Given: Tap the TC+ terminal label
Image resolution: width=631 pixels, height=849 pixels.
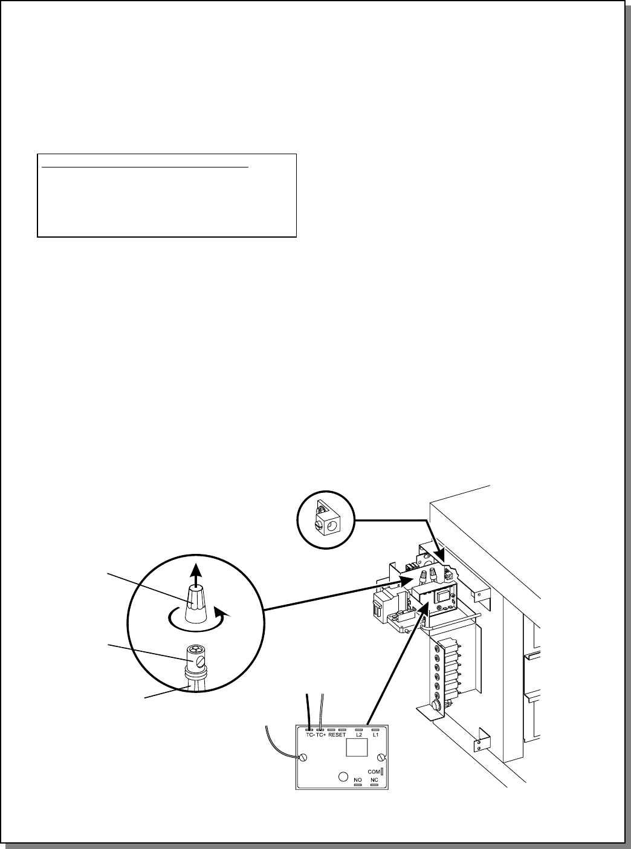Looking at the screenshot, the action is coord(321,735).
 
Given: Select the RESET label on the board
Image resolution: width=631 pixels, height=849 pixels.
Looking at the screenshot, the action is coord(337,735).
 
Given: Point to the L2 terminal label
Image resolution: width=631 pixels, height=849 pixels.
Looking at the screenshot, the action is coord(358,735).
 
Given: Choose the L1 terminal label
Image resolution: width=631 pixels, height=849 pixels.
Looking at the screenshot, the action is coord(375,735).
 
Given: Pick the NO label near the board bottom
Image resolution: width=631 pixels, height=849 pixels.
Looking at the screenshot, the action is coord(358,780).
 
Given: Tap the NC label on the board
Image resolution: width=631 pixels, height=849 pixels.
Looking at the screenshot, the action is coord(374,780).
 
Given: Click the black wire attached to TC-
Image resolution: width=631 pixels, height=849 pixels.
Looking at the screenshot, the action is coord(309,709).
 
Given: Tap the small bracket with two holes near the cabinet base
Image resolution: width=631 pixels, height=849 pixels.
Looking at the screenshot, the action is coord(482,740).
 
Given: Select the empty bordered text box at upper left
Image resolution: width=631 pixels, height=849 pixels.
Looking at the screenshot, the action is coord(167,195).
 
